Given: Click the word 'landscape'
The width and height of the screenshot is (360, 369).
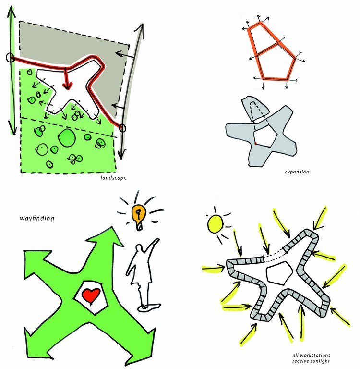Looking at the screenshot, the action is [x=113, y=178].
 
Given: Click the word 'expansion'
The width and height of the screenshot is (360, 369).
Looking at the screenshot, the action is [x=297, y=172].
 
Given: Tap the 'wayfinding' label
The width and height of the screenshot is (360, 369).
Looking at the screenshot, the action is [x=37, y=218].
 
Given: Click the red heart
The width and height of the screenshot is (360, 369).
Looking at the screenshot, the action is [x=91, y=295].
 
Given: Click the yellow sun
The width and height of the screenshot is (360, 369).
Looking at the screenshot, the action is [x=215, y=224].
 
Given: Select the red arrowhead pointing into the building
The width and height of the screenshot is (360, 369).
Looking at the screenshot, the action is [x=67, y=86].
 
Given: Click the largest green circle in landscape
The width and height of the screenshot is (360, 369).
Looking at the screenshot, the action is [x=67, y=138].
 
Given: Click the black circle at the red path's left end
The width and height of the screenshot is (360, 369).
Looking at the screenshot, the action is [x=11, y=58].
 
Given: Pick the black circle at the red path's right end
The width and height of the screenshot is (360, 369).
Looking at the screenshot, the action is [x=122, y=128].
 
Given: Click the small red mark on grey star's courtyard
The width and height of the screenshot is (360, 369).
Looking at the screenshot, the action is [x=255, y=143].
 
